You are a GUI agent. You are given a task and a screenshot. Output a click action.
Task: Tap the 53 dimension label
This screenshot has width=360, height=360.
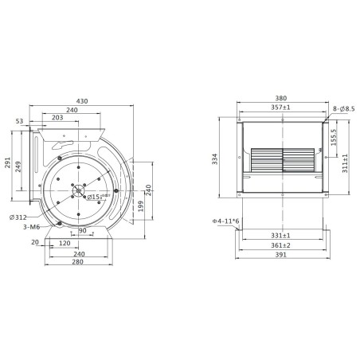20,121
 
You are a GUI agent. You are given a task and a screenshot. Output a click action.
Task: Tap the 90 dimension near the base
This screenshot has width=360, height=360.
82,231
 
